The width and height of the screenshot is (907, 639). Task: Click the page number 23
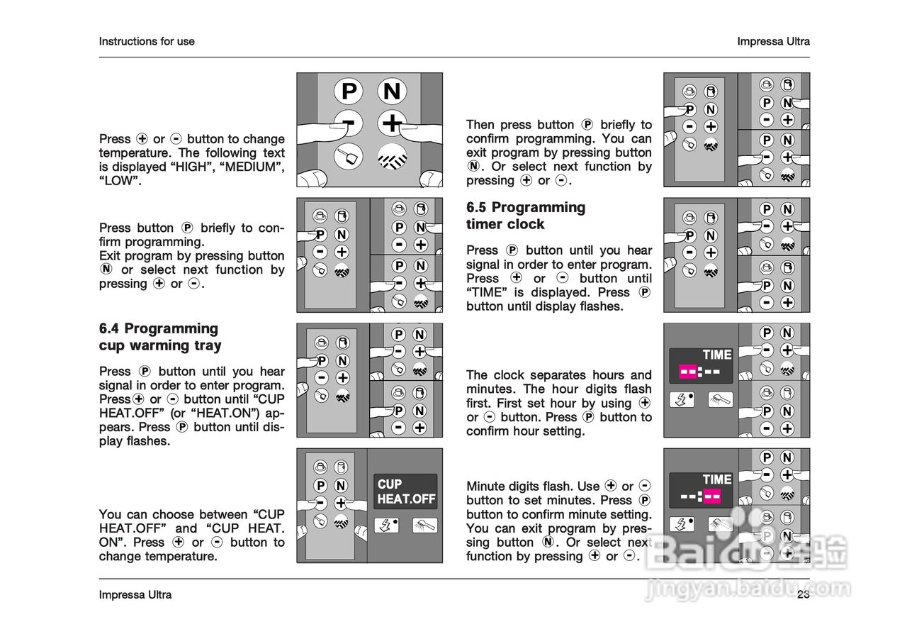click(803, 594)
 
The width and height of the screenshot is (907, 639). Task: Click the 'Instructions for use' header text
click(147, 41)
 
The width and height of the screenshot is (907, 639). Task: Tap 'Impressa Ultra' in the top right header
click(773, 41)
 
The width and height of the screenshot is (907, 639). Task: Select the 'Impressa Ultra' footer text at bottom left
click(135, 594)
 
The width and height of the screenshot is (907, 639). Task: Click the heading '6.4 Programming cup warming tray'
click(160, 337)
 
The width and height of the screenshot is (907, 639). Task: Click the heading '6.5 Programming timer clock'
click(525, 216)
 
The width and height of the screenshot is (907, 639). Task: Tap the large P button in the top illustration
click(349, 91)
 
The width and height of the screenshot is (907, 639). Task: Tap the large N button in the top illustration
click(392, 91)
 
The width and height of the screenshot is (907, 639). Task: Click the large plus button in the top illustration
click(392, 124)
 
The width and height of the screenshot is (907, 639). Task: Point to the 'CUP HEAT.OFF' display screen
click(405, 491)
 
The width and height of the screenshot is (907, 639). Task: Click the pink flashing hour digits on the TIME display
click(688, 371)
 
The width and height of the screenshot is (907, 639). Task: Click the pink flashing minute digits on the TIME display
click(712, 496)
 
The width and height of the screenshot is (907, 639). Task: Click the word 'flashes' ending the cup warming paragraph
click(148, 441)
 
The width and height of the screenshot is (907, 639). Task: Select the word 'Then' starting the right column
click(480, 125)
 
